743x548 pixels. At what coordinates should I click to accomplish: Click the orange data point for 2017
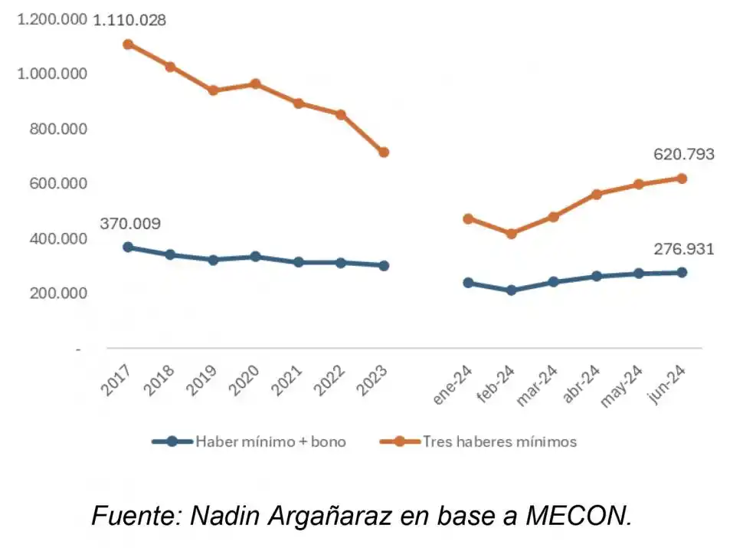128,44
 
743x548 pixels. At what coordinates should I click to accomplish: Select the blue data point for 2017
128,247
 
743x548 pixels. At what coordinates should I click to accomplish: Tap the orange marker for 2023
384,153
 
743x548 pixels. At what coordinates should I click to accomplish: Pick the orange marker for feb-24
511,234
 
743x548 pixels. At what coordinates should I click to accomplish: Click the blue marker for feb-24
511,290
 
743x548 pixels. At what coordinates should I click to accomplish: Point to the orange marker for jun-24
682,179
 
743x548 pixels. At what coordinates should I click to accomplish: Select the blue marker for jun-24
682,272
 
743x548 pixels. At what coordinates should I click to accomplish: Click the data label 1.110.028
129,20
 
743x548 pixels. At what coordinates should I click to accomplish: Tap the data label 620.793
683,154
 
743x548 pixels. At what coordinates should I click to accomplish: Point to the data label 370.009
130,224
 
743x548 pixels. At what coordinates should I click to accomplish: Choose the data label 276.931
683,249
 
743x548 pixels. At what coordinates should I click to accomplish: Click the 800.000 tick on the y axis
53,129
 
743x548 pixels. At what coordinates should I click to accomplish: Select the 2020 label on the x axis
247,379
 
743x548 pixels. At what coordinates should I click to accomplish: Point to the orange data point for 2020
256,84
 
